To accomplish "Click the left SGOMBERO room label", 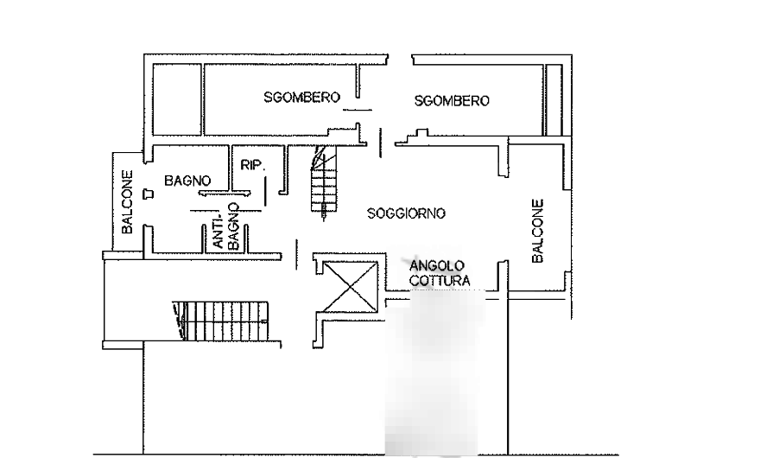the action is (301, 97).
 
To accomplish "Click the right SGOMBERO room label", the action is (452, 101).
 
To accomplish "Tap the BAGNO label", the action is (187, 181).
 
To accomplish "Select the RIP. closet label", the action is (253, 165).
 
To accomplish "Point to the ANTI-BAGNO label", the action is (226, 227).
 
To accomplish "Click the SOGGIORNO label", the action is (406, 213).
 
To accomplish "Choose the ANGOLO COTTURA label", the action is (440, 273).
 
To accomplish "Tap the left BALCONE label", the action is (127, 201).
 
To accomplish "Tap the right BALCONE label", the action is (538, 231).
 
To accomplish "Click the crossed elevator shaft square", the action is (350, 287).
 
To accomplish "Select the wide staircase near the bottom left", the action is (221, 321).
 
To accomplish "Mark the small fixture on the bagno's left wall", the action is (149, 194).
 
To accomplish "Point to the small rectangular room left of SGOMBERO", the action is (177, 99).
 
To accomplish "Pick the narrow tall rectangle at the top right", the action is (553, 99).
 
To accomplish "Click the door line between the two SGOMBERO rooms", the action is (358, 110).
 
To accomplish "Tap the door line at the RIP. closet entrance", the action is (266, 191).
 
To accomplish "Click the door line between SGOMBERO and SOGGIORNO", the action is (381, 143).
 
